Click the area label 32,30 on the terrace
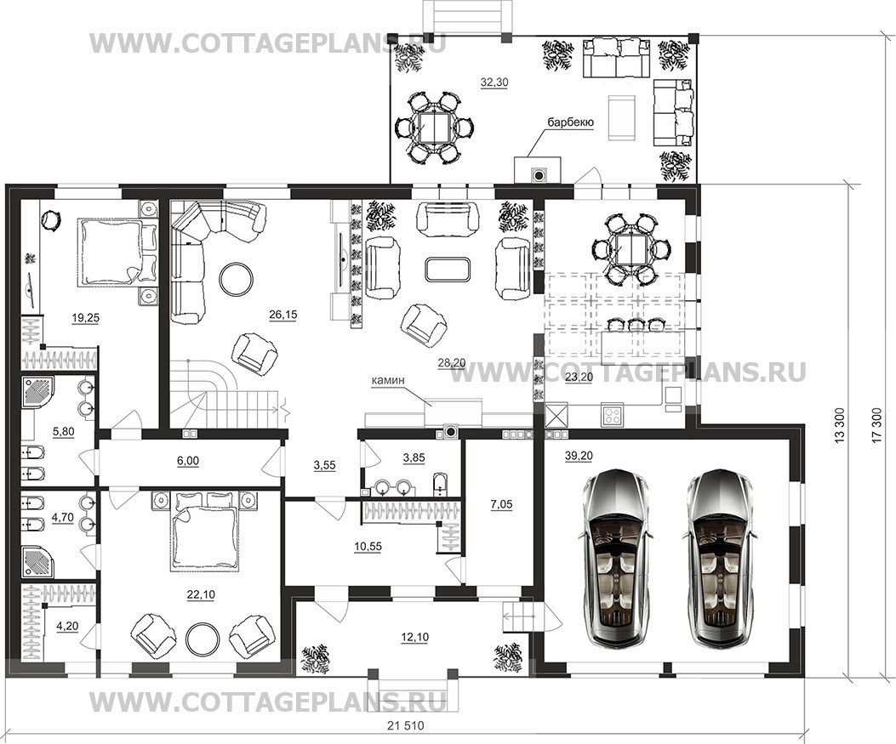494,82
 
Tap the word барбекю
570,122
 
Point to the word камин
388,379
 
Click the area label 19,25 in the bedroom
85,319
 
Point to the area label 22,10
201,594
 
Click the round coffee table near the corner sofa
237,278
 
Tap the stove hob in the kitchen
613,415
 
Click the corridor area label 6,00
188,460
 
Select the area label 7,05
502,504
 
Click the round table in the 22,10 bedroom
204,639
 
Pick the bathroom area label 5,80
63,432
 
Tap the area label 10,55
368,547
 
